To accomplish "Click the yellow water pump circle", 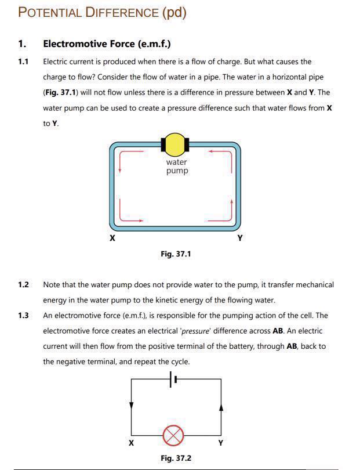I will tap(174, 143).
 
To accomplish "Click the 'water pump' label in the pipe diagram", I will tap(177, 167).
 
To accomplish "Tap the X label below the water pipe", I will tap(112, 238).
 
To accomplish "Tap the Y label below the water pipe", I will tap(240, 238).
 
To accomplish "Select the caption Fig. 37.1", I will tap(176, 254).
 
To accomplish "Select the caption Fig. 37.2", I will tap(176, 458).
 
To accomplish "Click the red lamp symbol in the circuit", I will tap(172, 434).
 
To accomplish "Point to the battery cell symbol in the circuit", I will tap(173, 379).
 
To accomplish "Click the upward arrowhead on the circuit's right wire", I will tap(221, 407).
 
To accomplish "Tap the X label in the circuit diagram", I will tap(132, 443).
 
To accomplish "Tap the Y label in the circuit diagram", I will tap(220, 443).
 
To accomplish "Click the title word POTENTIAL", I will tap(50, 12).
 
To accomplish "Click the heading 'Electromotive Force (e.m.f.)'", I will tap(107, 44).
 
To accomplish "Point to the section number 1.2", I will tap(23, 284).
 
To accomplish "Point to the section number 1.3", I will tap(23, 316).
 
